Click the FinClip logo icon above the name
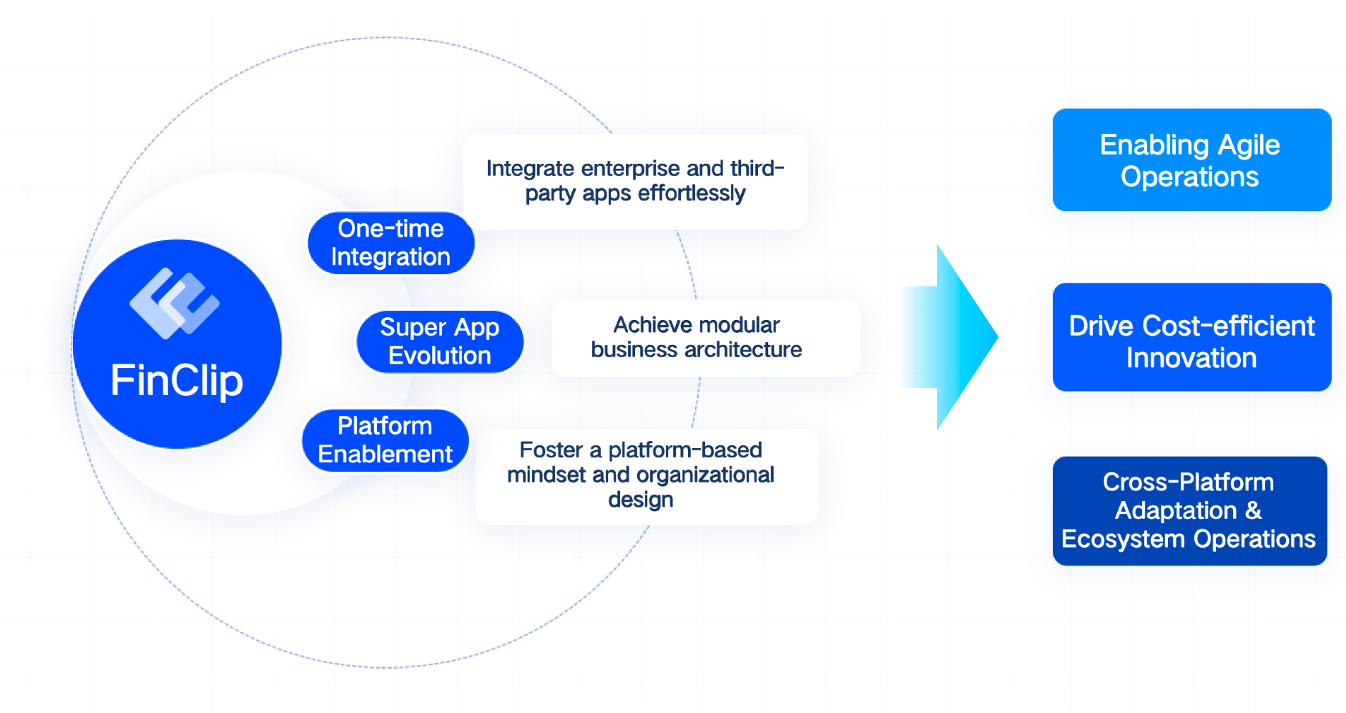(x=175, y=304)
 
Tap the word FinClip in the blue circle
(x=177, y=380)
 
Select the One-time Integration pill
(x=390, y=243)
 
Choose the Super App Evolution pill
(x=439, y=341)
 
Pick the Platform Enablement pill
(x=385, y=440)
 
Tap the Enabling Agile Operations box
(x=1191, y=160)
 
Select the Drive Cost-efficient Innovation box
(x=1191, y=337)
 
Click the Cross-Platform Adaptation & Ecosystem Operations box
(x=1189, y=510)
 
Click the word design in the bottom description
(x=640, y=500)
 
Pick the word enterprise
(x=630, y=168)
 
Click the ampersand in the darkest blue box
(x=1253, y=510)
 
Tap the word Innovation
(x=1191, y=358)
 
